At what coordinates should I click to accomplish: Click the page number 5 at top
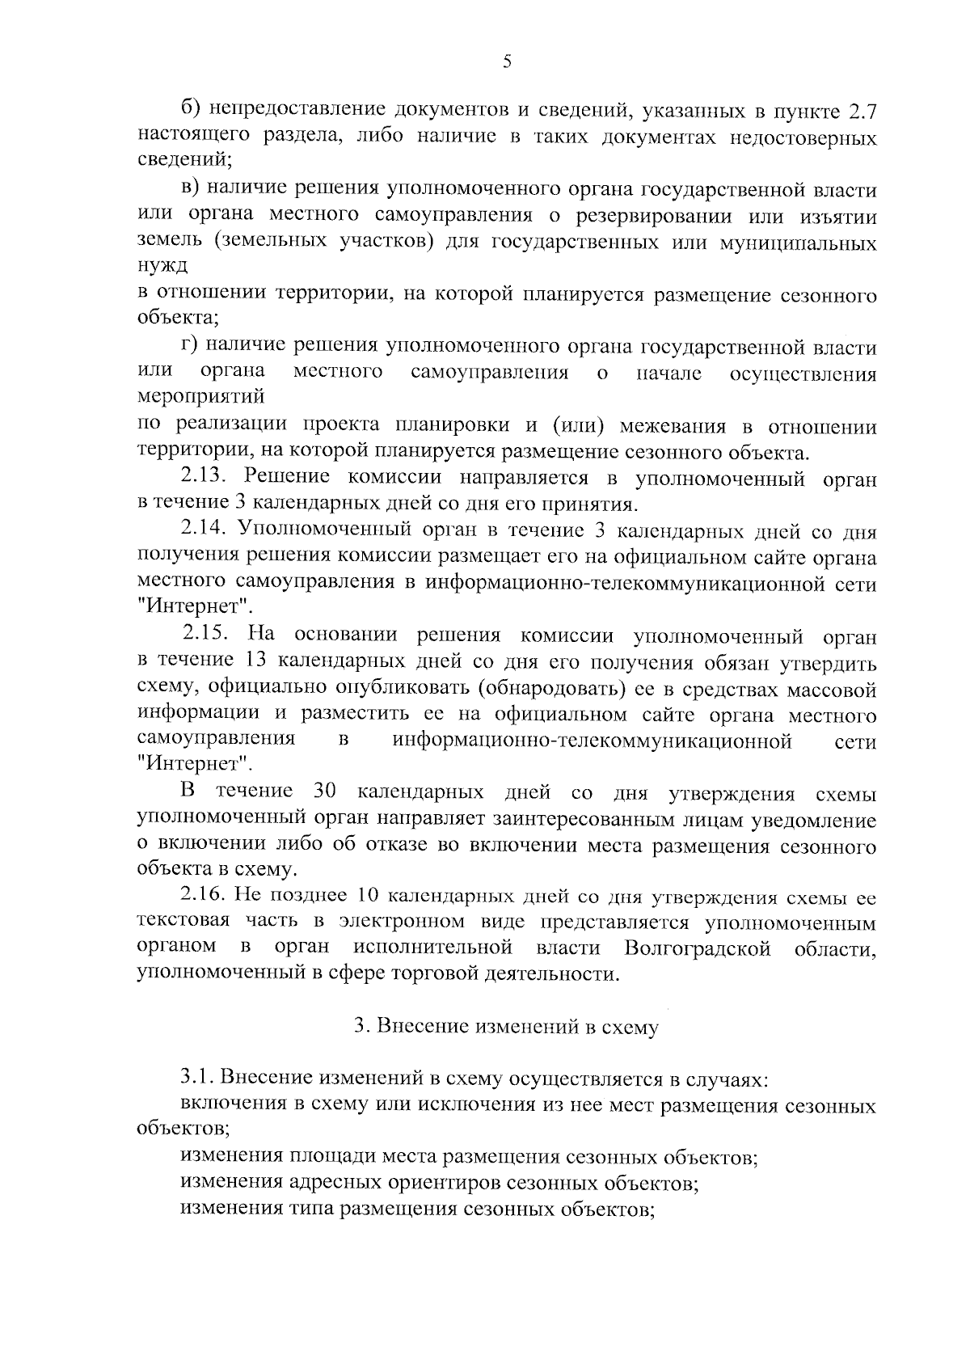click(506, 61)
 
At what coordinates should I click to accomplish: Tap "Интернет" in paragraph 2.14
click(194, 606)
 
